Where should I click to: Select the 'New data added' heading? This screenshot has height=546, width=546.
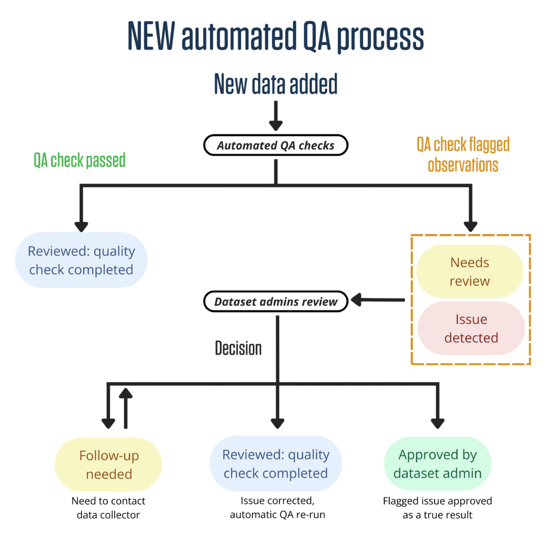[x=276, y=84]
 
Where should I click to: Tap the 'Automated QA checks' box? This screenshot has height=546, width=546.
[x=276, y=145]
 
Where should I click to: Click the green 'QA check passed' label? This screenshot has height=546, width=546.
[x=79, y=160]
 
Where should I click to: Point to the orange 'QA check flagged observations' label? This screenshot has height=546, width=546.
[x=463, y=154]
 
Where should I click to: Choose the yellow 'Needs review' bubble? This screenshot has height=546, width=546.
[x=470, y=272]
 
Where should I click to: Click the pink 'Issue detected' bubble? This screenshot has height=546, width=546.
[x=471, y=328]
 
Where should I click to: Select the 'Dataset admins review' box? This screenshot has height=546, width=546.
[x=276, y=302]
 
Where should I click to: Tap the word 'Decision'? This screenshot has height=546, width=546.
[x=238, y=348]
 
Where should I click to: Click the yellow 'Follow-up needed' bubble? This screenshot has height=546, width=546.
[x=108, y=464]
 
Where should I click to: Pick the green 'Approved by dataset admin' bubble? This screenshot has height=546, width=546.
[x=437, y=464]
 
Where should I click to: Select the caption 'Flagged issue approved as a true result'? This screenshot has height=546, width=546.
[x=437, y=508]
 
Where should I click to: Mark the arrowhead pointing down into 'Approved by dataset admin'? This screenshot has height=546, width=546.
[x=437, y=422]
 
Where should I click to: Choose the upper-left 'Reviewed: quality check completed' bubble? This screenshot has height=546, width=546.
[x=81, y=260]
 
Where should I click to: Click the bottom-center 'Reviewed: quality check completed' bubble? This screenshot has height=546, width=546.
[x=276, y=464]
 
